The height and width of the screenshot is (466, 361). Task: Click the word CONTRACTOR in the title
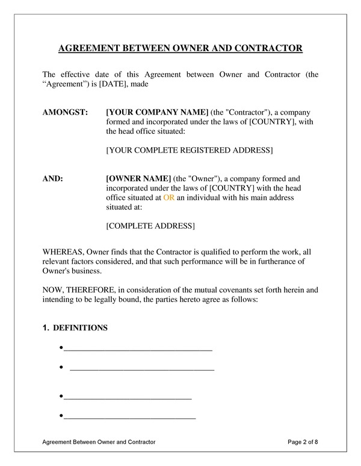coord(267,47)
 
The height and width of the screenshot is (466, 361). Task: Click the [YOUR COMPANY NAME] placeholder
coord(157,112)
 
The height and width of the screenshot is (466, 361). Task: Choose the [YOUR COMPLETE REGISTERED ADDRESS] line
coord(189,150)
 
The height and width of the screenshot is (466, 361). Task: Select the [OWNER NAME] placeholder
coord(138,178)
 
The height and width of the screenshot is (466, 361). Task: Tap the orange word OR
coord(168,198)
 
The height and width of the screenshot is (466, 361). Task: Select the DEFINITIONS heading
coord(80,328)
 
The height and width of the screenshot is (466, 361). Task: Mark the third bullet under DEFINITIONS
coord(63,397)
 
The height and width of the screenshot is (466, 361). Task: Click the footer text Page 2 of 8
coord(303,442)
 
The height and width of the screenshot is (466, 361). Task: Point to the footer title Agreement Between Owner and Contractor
coord(99,442)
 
